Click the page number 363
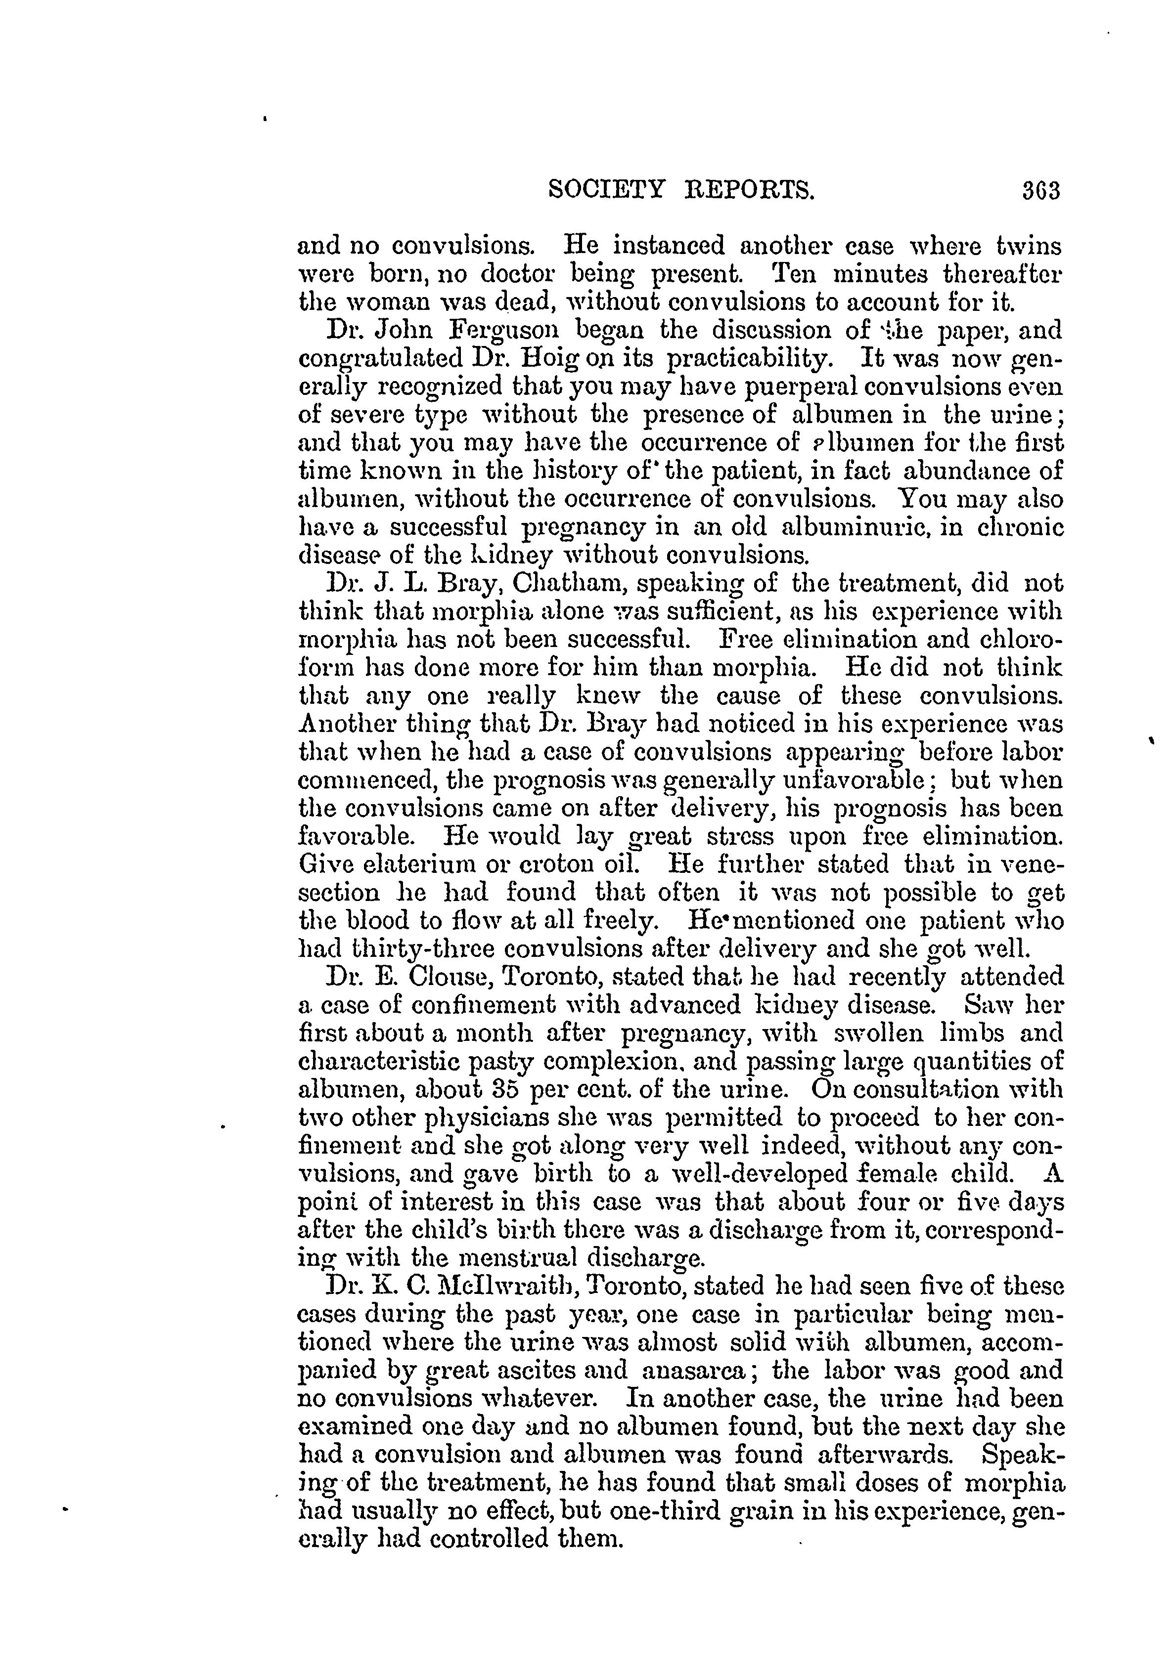1040,191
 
